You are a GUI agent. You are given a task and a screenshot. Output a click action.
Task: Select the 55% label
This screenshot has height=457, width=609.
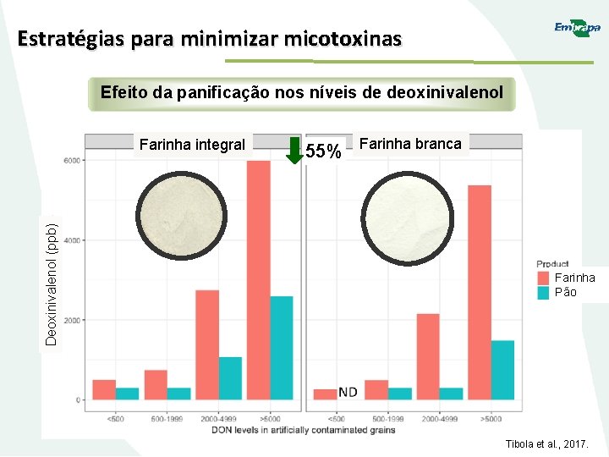pyautogui.click(x=324, y=151)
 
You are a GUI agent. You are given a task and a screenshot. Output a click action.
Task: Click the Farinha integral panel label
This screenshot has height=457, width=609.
pyautogui.click(x=192, y=144)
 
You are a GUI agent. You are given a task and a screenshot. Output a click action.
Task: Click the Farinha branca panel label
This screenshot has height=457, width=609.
pyautogui.click(x=410, y=143)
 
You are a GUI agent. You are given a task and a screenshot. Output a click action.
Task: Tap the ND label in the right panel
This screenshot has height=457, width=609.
pyautogui.click(x=348, y=391)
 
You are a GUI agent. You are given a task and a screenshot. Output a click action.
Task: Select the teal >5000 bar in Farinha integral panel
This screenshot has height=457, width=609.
pyautogui.click(x=282, y=347)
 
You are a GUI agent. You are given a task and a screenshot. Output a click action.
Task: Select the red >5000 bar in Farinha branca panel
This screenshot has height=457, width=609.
pyautogui.click(x=479, y=292)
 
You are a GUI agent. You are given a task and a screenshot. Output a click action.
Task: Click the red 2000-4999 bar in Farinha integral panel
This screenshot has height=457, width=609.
pyautogui.click(x=207, y=344)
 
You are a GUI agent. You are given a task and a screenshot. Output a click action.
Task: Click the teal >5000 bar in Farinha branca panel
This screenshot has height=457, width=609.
pyautogui.click(x=502, y=369)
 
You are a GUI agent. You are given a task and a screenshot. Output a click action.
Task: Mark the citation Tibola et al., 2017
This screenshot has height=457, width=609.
pyautogui.click(x=546, y=444)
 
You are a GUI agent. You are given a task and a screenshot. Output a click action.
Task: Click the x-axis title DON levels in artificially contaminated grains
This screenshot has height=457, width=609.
pyautogui.click(x=303, y=430)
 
